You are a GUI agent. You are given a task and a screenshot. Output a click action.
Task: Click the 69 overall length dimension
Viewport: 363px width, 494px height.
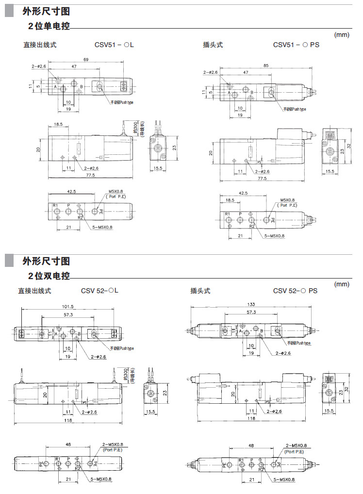point(86,59)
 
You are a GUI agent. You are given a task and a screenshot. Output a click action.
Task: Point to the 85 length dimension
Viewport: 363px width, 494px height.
point(266,65)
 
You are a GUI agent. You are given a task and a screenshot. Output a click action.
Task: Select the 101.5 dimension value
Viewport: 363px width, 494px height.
point(67,307)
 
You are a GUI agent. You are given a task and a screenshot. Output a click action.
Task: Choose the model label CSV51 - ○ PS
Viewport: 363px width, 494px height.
point(296,45)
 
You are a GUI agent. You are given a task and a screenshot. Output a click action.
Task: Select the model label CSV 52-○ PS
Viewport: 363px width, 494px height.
point(295,291)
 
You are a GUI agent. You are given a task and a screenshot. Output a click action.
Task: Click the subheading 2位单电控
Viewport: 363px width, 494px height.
point(49,25)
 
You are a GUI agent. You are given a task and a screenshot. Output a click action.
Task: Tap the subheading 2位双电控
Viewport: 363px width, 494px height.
point(49,276)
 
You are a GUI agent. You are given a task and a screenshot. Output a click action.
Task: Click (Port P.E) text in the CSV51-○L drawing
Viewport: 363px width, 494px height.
point(116,196)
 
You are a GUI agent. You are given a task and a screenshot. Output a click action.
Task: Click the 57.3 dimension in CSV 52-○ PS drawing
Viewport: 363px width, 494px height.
point(251,312)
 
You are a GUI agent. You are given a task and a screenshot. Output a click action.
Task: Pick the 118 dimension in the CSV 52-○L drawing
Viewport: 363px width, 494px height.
point(67,421)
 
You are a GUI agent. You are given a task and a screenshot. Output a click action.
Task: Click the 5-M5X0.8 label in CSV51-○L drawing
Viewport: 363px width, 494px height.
point(101,228)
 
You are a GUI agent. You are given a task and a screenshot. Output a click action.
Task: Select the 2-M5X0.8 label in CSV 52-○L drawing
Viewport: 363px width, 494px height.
point(113,445)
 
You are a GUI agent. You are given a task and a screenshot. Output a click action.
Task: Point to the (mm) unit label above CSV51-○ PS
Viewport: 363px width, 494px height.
point(342,34)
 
